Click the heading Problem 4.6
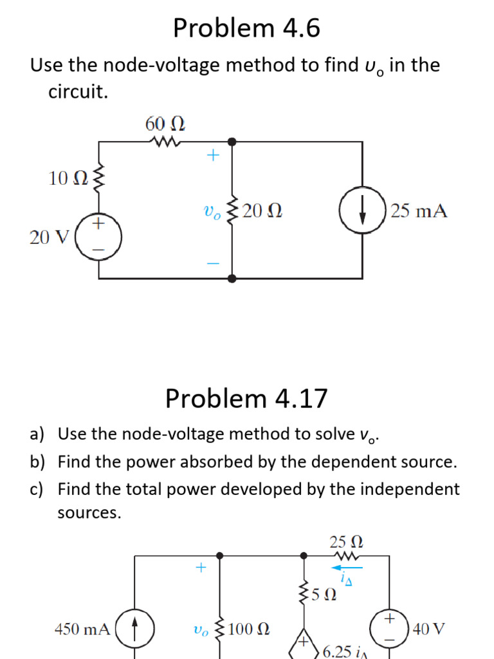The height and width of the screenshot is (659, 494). pos(246,29)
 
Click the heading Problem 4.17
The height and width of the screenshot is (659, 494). pos(246,399)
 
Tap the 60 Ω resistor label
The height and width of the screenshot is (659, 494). pos(165,123)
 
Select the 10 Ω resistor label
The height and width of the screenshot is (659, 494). pos(67,178)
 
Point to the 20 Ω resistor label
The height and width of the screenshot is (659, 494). pos(262,211)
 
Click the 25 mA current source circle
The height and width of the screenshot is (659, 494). pos(363,211)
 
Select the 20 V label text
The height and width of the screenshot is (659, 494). pos(50,237)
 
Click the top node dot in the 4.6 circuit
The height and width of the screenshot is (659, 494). pos(232,141)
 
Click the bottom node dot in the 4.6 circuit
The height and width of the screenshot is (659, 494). pos(232,278)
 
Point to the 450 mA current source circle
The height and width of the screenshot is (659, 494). pos(134,628)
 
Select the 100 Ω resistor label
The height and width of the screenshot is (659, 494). pos(248,629)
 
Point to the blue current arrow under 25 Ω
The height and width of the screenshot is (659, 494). pos(347,568)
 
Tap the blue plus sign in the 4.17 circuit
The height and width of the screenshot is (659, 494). pos(201,568)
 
